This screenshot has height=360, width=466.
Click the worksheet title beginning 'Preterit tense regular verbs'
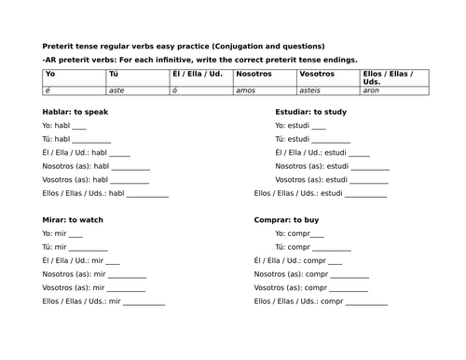click(x=183, y=46)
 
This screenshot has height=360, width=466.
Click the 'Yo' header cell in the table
click(x=50, y=73)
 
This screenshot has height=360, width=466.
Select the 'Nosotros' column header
click(x=253, y=73)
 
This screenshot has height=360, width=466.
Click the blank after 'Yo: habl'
click(x=78, y=128)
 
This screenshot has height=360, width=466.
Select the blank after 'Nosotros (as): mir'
click(x=129, y=277)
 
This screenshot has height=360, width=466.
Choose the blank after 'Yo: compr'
click(x=317, y=235)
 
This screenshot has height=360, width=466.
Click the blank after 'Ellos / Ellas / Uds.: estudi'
click(x=366, y=197)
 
